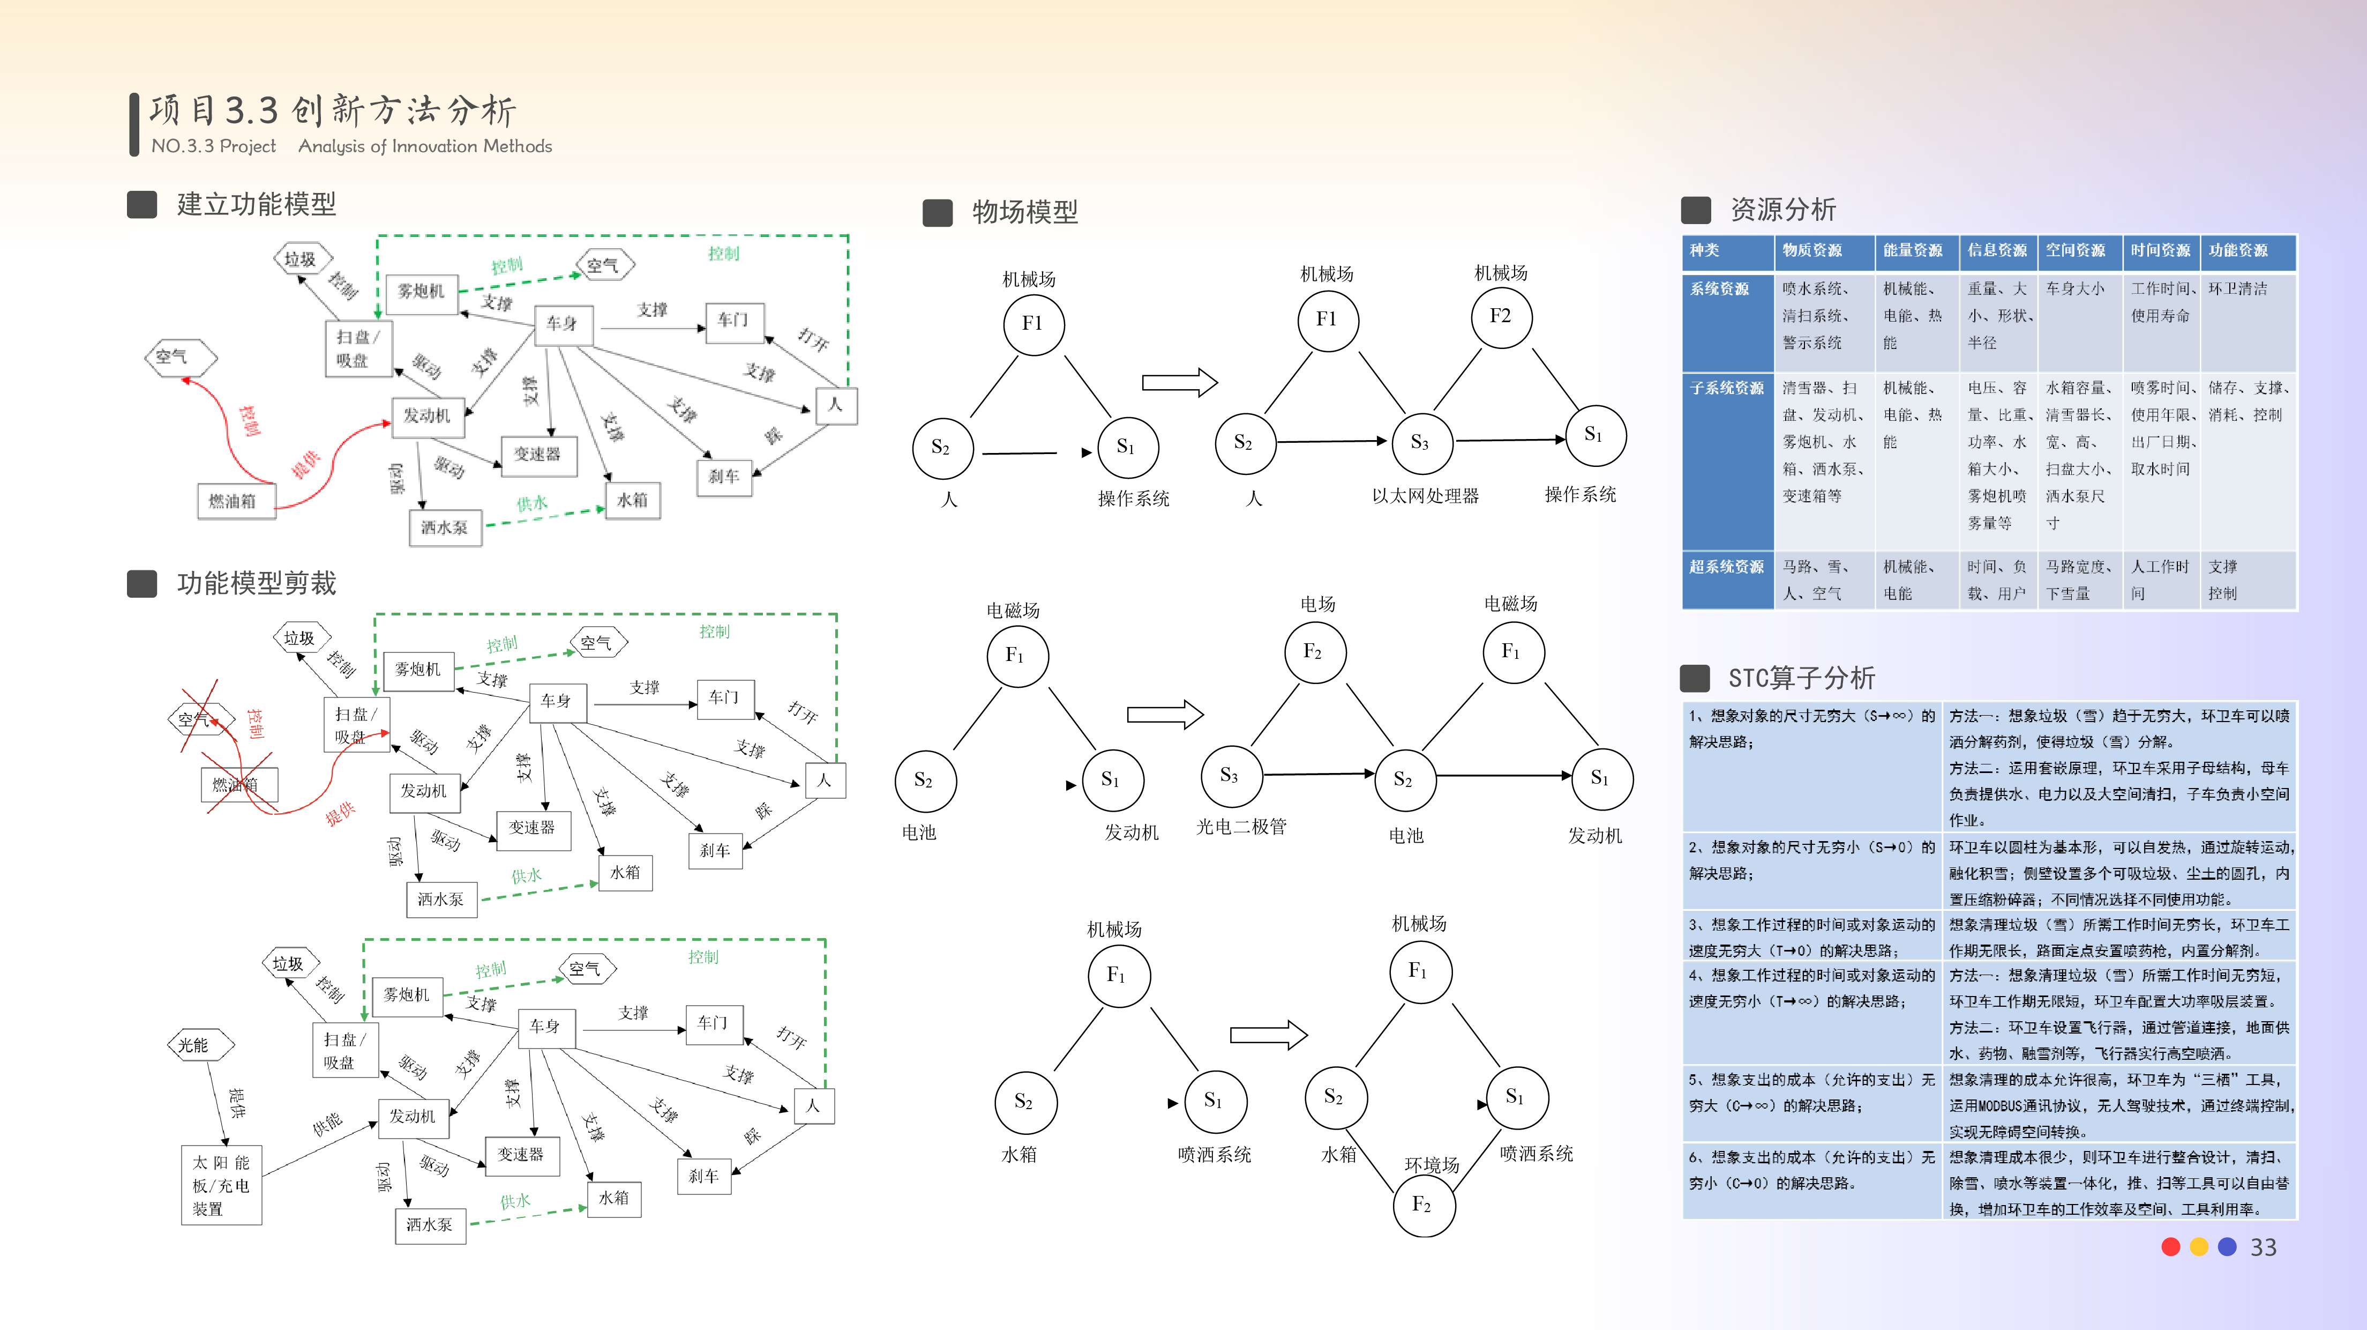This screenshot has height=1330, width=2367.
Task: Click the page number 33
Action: tap(2263, 1247)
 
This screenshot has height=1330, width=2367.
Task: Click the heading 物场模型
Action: tap(1024, 212)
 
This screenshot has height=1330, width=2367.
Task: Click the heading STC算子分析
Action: tap(1801, 678)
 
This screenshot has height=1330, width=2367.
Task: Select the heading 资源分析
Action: tap(1782, 210)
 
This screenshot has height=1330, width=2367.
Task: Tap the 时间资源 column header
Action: tap(2160, 250)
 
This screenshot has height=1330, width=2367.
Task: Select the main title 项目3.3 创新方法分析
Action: tap(333, 110)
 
